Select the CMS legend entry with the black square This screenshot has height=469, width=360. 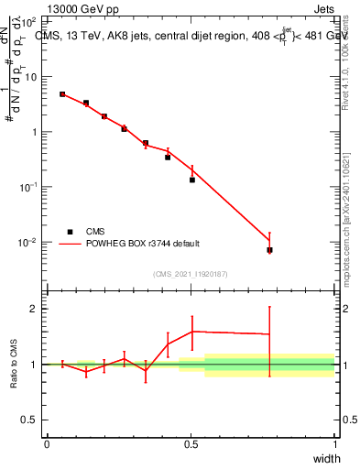[x=94, y=231]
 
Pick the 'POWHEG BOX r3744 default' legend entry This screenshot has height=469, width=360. [x=143, y=244]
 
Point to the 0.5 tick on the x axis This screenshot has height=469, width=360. [x=191, y=444]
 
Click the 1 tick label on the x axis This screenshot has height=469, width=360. [x=335, y=444]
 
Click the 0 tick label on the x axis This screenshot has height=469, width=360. [x=47, y=444]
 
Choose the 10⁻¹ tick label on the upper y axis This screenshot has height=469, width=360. [x=29, y=187]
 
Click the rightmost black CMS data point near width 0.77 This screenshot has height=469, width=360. [x=269, y=250]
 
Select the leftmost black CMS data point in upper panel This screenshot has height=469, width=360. [x=62, y=93]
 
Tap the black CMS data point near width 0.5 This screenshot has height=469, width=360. [x=192, y=180]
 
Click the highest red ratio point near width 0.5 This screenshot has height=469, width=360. [x=192, y=332]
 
